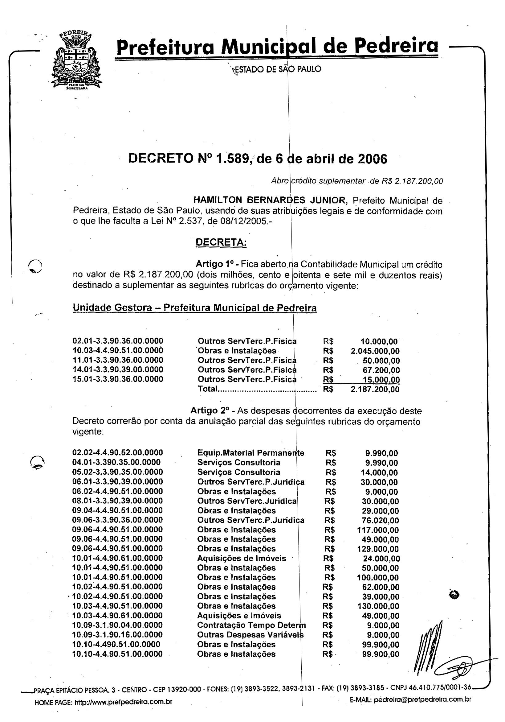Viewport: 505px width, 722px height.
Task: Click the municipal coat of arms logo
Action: coord(76,61)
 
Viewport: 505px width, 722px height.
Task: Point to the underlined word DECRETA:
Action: coord(221,242)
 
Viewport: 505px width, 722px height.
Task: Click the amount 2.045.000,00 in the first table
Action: coord(375,351)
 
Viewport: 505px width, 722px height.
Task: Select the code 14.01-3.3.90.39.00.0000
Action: coord(118,369)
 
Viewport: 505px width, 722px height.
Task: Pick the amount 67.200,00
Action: coord(381,370)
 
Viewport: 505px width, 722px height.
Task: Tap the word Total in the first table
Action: coord(207,389)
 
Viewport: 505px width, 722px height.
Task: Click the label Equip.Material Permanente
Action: coord(250,453)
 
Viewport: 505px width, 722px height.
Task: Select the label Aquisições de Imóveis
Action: coord(241,559)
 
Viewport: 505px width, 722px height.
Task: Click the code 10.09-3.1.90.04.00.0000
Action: coord(117,625)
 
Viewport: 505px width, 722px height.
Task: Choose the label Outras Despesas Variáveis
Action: coord(250,635)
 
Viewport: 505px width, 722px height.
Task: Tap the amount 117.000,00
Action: coord(378,530)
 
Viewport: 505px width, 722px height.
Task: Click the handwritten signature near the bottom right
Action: coord(440,654)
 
